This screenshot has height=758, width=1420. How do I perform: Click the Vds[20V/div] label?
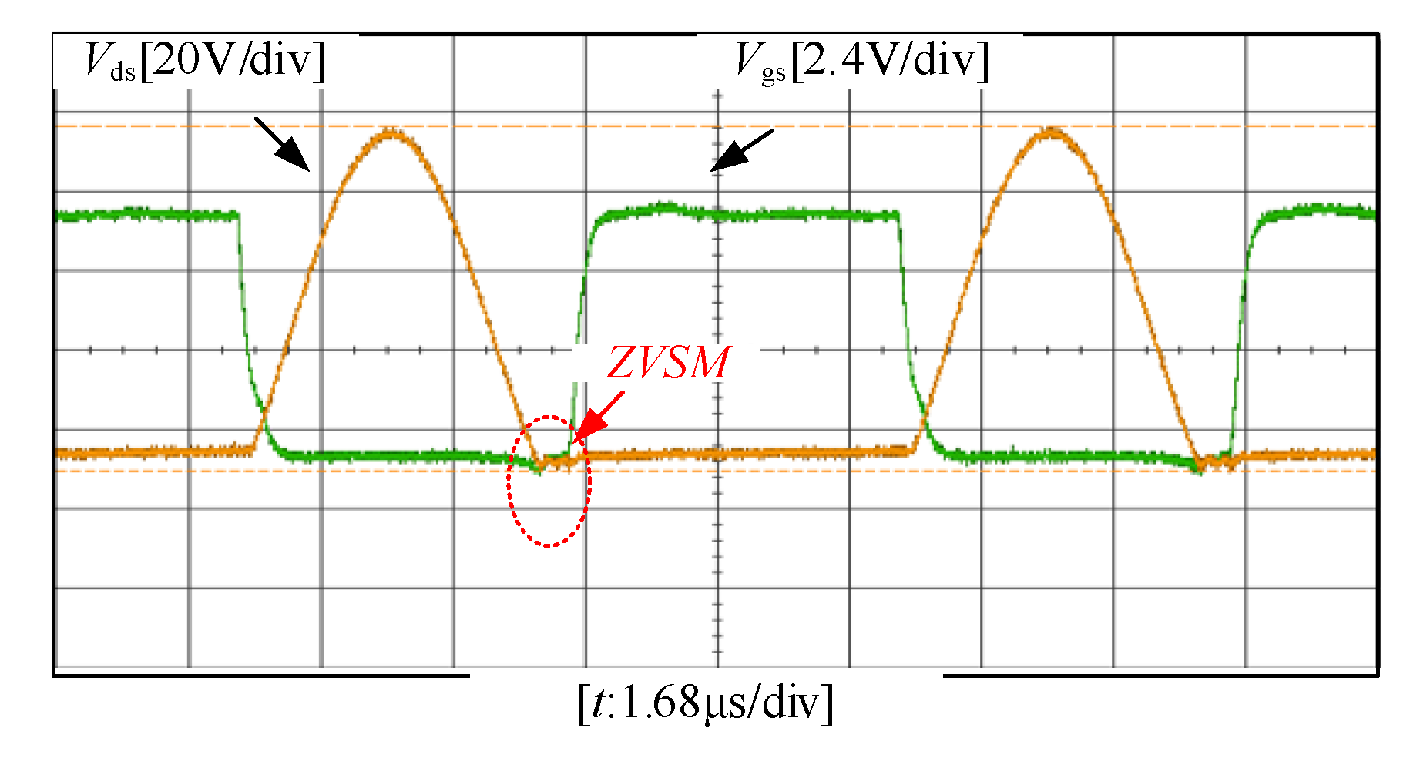pyautogui.click(x=204, y=61)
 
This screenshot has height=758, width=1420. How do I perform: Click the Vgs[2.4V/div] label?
pyautogui.click(x=861, y=61)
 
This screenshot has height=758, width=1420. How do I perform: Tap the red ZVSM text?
pyautogui.click(x=667, y=363)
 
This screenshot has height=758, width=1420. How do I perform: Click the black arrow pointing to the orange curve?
pyautogui.click(x=282, y=143)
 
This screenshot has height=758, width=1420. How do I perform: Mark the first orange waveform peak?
pyautogui.click(x=391, y=133)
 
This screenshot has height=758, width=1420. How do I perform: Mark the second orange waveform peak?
pyautogui.click(x=1052, y=132)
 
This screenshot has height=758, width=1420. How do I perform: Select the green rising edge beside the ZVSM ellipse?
pyautogui.click(x=579, y=331)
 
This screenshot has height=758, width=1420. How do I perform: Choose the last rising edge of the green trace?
pyautogui.click(x=1240, y=331)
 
